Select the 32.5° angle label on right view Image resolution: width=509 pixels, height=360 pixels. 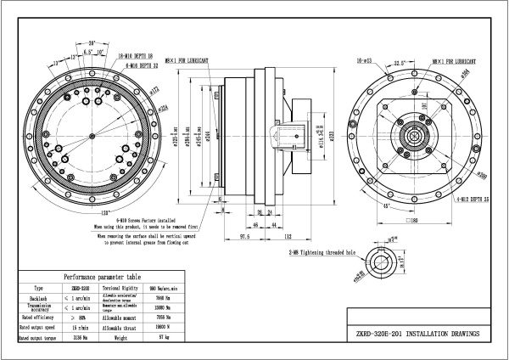pos(399,62)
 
